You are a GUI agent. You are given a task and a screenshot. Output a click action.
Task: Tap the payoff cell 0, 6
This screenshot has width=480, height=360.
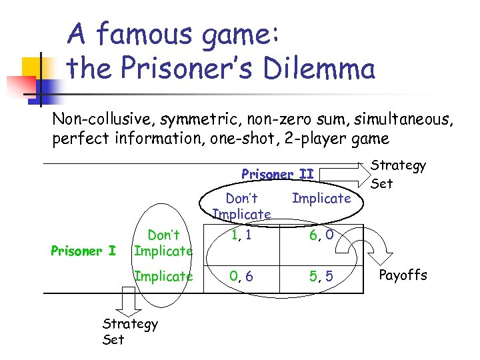click(x=241, y=275)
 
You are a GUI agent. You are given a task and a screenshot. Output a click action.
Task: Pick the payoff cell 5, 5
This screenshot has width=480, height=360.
click(x=321, y=275)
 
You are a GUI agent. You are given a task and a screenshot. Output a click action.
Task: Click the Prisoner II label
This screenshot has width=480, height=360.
click(x=277, y=174)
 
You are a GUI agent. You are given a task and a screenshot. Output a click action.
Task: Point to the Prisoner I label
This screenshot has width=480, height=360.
click(x=83, y=251)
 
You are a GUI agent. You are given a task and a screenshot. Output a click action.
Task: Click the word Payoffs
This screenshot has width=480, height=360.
click(x=403, y=275)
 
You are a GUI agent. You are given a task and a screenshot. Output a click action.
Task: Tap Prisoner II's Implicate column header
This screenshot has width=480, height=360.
click(x=321, y=198)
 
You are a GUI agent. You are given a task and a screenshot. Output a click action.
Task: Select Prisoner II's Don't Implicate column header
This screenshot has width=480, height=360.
click(x=241, y=206)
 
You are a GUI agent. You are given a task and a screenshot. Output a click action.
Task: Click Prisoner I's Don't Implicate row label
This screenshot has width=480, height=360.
click(x=163, y=243)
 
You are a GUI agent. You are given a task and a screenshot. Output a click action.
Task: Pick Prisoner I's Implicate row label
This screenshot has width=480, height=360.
click(x=163, y=275)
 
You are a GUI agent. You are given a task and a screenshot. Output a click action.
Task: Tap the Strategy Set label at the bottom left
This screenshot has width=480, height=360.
click(x=130, y=331)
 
